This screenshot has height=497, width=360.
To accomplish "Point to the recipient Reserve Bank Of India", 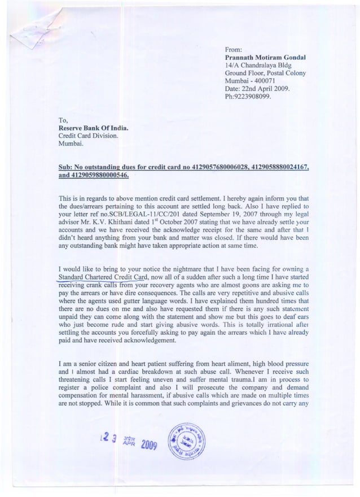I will (94, 128).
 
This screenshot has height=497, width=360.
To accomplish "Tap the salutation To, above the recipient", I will (64, 120).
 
